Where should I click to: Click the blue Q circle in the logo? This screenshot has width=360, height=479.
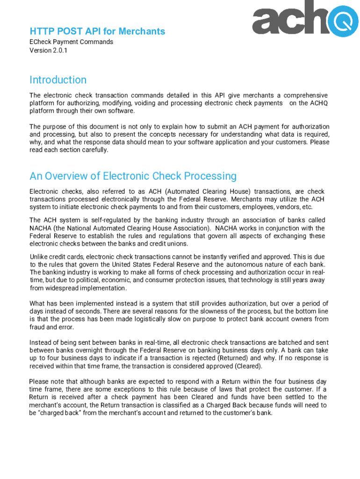click(343, 20)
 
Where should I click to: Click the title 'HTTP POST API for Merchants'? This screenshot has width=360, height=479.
click(97, 31)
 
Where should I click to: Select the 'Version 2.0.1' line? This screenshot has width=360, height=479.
click(48, 50)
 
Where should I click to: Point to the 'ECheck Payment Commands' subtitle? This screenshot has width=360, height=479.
click(71, 42)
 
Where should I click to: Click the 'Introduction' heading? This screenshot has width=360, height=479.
click(58, 80)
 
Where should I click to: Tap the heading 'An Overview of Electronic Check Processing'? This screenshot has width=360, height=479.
click(133, 176)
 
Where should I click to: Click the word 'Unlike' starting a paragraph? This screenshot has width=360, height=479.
click(39, 257)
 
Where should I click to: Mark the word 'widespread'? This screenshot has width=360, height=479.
click(65, 288)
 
